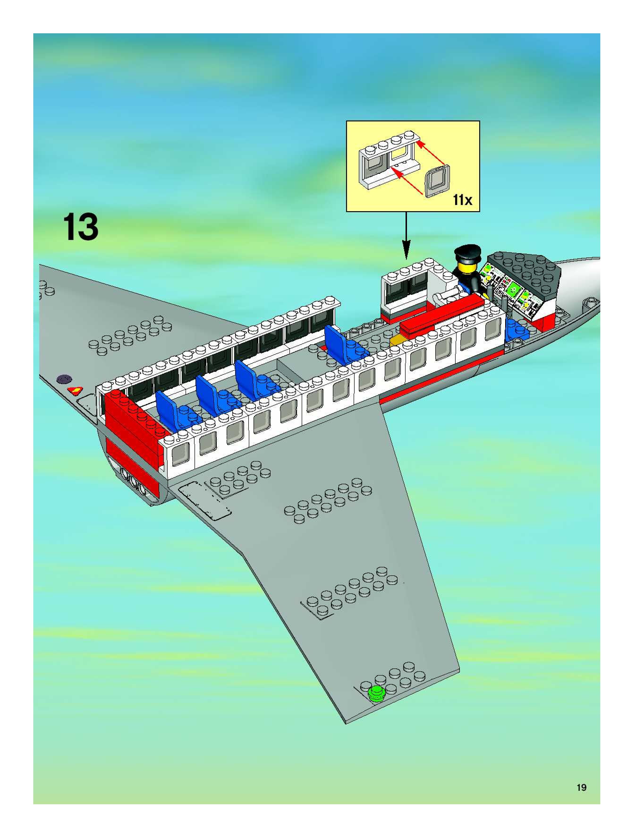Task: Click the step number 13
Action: coord(81,227)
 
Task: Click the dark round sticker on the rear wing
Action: coord(64,379)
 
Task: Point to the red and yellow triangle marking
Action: coord(75,390)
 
